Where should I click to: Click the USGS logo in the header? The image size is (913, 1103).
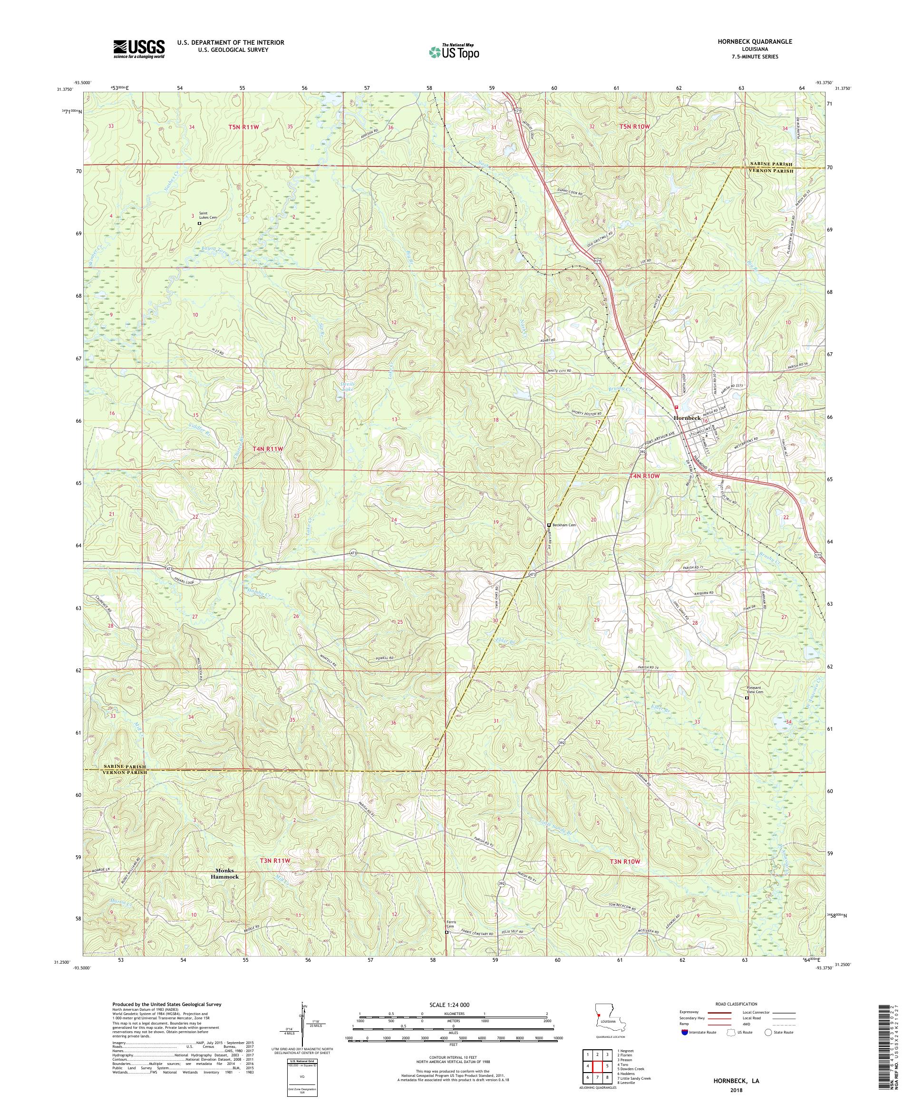click(139, 49)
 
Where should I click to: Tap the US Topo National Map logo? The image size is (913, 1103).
click(455, 51)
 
